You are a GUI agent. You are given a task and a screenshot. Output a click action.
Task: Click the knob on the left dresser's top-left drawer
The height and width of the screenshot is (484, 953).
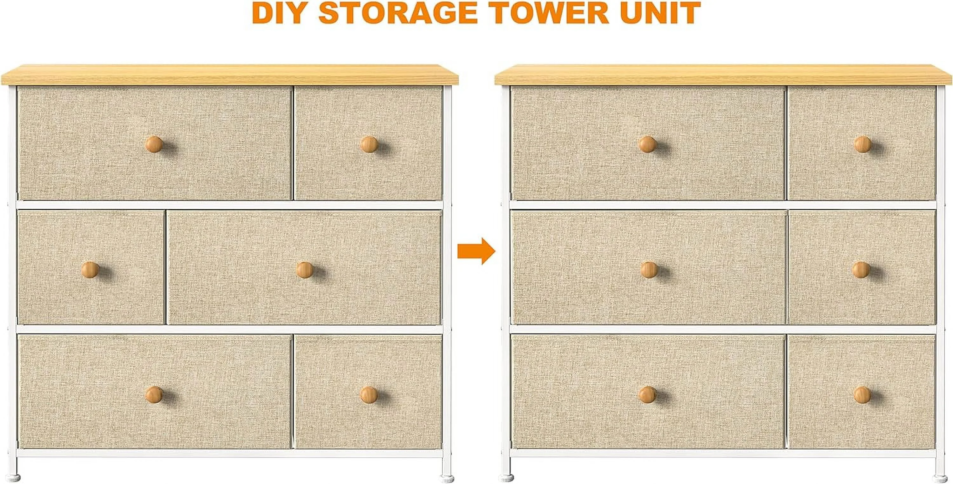(153, 144)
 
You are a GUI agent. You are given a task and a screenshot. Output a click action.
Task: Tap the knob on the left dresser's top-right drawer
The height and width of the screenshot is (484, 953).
(369, 144)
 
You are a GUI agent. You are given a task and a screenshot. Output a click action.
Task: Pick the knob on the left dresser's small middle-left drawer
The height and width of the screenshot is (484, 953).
(90, 270)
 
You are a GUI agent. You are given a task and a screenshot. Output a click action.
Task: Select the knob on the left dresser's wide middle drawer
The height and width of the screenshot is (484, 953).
(305, 270)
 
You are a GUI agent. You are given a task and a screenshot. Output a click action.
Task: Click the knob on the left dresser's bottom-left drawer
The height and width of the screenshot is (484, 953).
(153, 394)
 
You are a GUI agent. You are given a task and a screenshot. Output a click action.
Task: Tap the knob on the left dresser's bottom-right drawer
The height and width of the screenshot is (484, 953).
(369, 394)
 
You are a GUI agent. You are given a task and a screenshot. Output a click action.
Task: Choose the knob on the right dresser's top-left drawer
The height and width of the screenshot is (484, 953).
(647, 144)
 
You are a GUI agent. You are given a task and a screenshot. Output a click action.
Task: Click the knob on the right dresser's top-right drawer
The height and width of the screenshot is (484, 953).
(863, 144)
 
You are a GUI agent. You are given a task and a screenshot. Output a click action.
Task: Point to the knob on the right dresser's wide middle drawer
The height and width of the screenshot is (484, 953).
(649, 270)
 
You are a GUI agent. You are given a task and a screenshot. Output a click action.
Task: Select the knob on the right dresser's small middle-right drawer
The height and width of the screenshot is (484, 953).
(861, 270)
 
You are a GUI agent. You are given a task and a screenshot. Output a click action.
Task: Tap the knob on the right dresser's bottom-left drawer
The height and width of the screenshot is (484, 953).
(647, 394)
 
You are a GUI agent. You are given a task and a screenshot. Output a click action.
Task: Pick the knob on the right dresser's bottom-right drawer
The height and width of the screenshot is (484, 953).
(863, 394)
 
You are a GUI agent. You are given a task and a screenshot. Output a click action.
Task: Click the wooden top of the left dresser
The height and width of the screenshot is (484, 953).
(230, 75)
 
